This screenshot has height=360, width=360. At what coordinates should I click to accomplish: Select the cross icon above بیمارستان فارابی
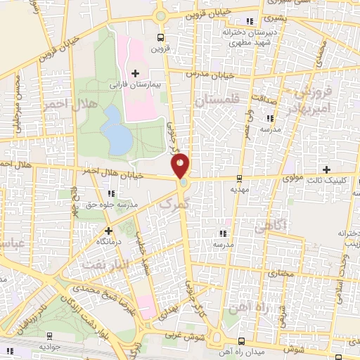[x=136, y=72]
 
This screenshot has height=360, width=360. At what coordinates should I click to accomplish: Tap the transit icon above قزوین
[x=162, y=37]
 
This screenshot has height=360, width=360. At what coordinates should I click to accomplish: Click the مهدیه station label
[x=240, y=189]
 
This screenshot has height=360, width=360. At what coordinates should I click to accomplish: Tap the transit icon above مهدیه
[x=240, y=178]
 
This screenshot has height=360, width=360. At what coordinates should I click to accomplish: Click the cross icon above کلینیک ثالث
[x=327, y=169]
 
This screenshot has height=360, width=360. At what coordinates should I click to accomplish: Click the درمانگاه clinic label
[x=108, y=240]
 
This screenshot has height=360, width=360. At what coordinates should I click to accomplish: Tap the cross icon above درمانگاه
[x=108, y=230]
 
